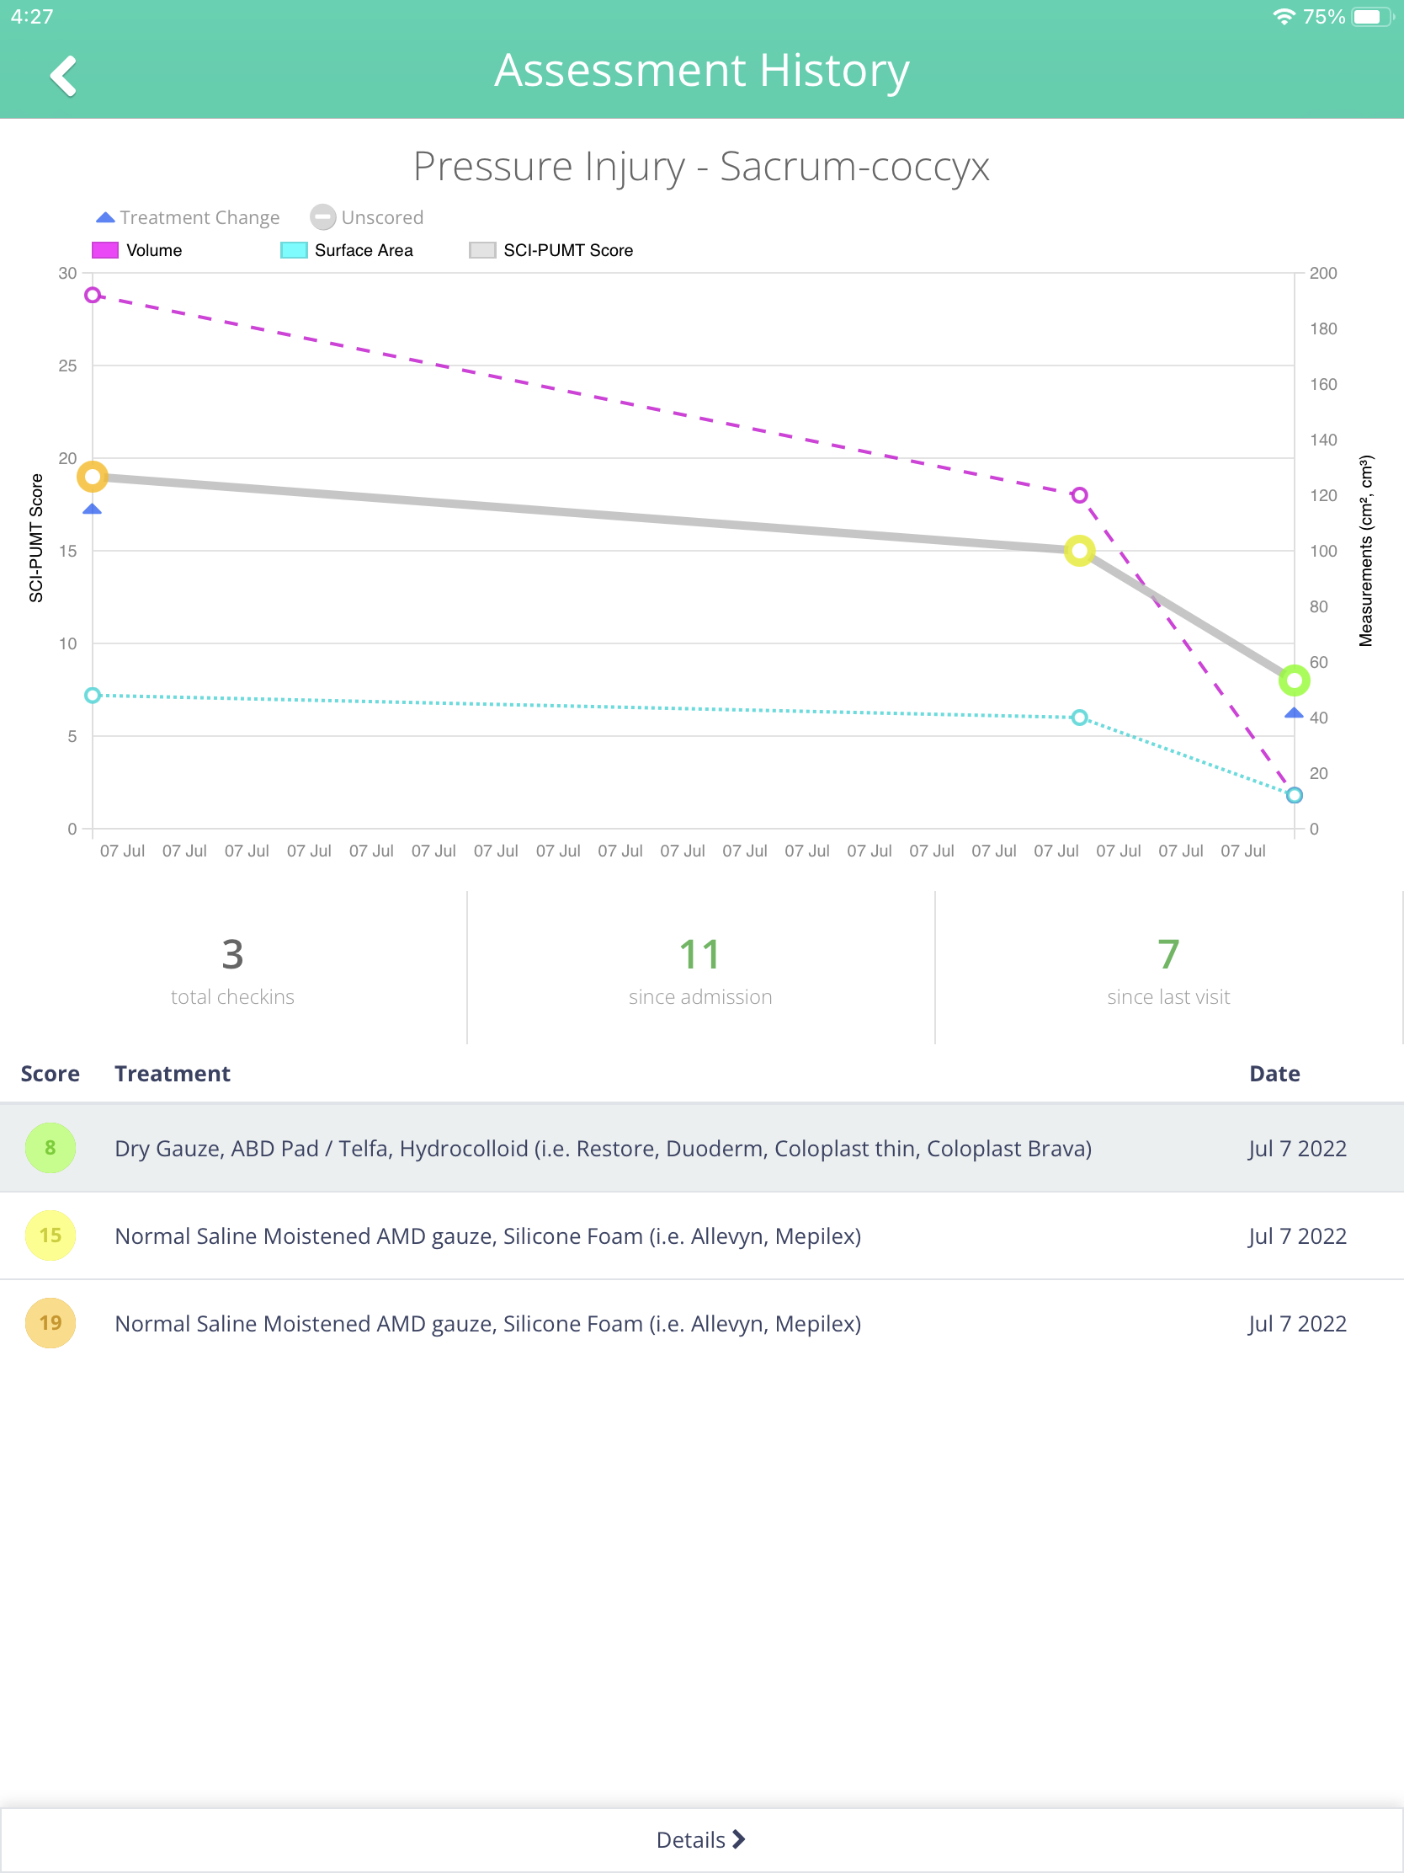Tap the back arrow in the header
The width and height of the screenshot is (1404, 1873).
click(63, 76)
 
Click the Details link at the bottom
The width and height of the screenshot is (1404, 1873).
click(700, 1839)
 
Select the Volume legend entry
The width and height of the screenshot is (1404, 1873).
click(136, 250)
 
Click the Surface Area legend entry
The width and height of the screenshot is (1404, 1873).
click(347, 250)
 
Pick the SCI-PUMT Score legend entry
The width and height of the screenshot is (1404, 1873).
click(551, 250)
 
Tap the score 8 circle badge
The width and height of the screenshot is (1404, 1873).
click(51, 1147)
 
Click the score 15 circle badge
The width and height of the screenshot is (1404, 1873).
click(51, 1235)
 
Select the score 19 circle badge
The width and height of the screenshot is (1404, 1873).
click(51, 1322)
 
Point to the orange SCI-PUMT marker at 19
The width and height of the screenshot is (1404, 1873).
click(93, 477)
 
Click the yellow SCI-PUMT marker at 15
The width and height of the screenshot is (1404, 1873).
click(1079, 552)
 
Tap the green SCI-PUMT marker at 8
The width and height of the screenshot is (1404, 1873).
click(1294, 680)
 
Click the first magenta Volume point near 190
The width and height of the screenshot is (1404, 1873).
click(93, 295)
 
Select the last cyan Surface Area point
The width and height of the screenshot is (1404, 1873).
click(1294, 795)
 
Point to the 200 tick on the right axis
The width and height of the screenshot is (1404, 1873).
click(1322, 274)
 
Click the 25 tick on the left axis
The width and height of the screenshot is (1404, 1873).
click(67, 366)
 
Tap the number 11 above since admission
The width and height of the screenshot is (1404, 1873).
click(699, 954)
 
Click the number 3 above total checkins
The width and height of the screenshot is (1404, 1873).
click(232, 954)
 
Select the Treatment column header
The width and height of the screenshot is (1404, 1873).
click(173, 1074)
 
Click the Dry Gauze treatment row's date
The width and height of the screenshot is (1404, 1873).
click(1297, 1148)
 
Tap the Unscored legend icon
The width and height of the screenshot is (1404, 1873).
click(322, 217)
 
